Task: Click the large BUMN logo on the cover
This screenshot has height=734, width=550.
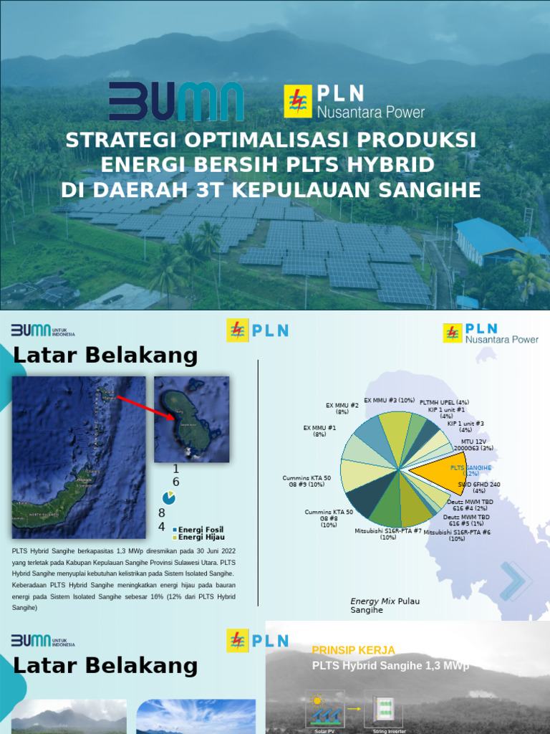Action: tap(176, 102)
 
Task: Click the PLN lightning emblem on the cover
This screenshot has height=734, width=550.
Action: tap(296, 101)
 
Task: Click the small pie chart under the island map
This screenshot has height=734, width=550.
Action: tap(169, 497)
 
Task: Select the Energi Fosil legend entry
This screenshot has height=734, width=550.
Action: tap(201, 529)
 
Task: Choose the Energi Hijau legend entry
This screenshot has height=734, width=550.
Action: tap(201, 537)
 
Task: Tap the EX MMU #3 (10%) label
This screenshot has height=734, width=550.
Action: tap(389, 400)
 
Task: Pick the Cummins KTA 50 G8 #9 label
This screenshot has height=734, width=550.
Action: tap(307, 481)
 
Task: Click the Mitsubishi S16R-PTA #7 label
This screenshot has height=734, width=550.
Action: tap(388, 534)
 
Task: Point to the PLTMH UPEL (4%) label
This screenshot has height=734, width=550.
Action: tap(444, 402)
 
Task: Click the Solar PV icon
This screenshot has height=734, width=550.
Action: tap(325, 711)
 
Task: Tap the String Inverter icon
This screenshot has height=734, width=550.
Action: tap(383, 711)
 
